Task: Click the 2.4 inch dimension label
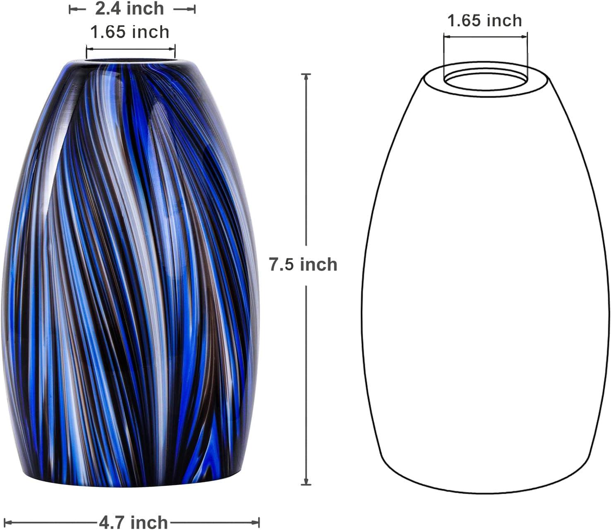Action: [129, 9]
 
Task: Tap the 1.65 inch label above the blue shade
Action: [130, 32]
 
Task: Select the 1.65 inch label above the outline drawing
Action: [485, 21]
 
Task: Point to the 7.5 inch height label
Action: [303, 265]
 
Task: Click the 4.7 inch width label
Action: [133, 522]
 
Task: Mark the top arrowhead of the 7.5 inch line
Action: [306, 76]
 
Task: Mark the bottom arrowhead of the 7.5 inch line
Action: [306, 482]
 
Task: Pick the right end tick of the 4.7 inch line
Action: [259, 522]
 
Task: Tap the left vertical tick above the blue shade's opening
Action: [86, 52]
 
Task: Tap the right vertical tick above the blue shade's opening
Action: [175, 52]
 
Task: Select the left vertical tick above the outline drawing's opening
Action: [443, 52]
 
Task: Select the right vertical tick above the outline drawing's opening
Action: [528, 52]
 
